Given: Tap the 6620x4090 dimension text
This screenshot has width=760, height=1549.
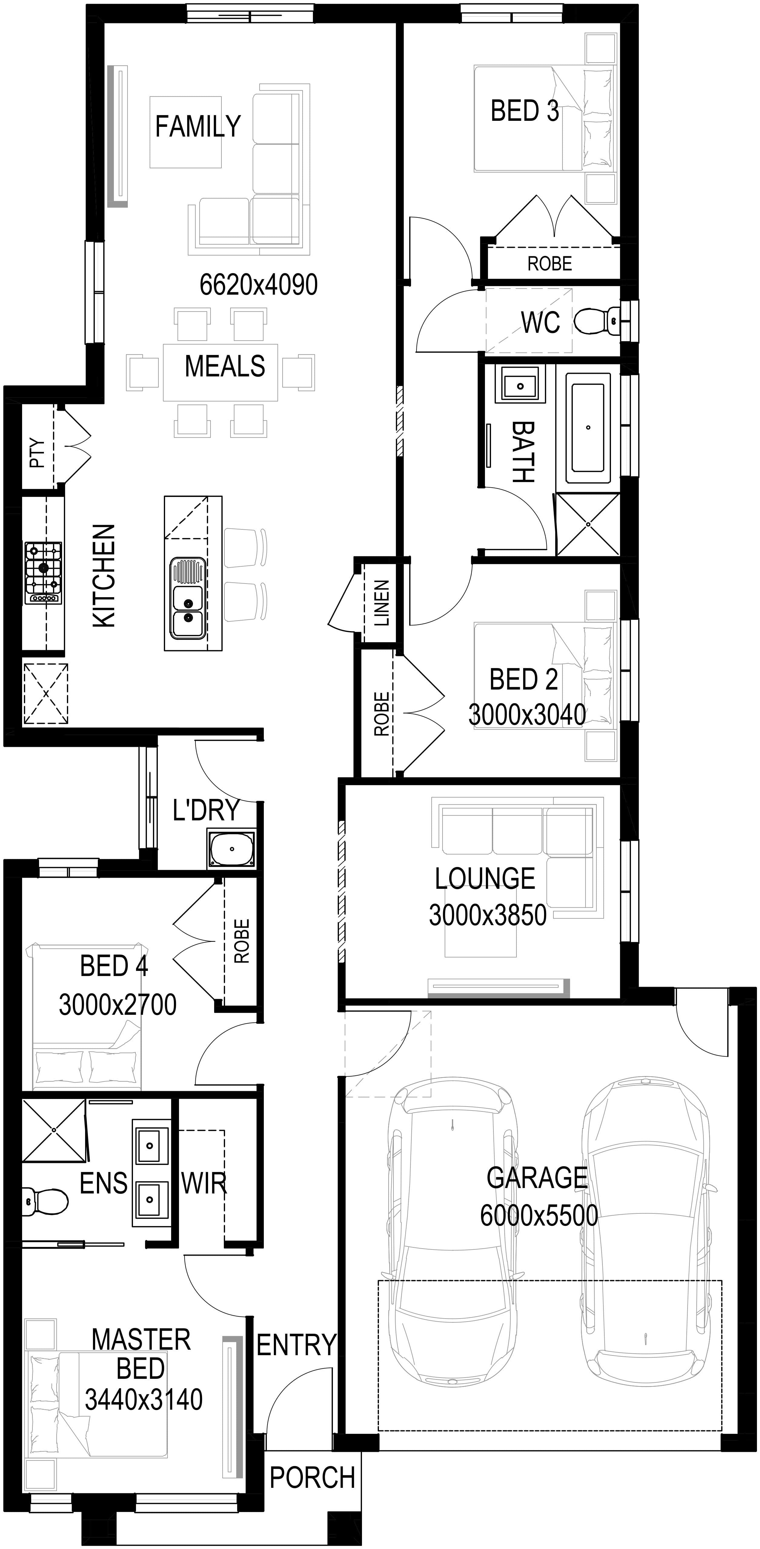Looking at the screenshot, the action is (x=259, y=284).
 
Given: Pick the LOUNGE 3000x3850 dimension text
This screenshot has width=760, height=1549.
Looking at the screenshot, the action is (x=488, y=915).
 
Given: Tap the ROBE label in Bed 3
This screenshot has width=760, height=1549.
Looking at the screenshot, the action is (x=549, y=263).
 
